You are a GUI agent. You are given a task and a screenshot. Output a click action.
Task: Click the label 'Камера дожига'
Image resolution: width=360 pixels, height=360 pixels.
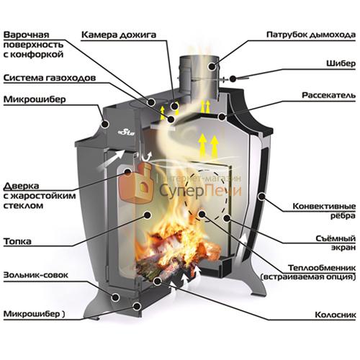click(119, 35)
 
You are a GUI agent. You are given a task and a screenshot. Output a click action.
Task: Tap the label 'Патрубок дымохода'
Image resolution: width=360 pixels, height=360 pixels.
click(311, 35)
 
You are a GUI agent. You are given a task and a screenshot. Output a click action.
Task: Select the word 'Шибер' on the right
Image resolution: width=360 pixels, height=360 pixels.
click(341, 63)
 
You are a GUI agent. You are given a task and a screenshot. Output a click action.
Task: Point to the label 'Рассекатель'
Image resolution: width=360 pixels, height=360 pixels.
click(328, 95)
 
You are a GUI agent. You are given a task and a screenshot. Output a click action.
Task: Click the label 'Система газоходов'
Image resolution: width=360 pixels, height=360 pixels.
click(50, 78)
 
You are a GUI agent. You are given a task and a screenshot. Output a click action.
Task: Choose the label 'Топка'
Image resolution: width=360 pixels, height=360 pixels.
click(17, 241)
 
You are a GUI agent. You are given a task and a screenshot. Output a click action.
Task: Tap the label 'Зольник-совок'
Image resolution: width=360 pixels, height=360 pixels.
click(36, 275)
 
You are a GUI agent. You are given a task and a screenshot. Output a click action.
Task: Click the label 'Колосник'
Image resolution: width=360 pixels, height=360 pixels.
click(336, 315)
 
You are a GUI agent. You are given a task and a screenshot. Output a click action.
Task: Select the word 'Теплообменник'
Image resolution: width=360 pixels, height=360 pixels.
click(322, 268)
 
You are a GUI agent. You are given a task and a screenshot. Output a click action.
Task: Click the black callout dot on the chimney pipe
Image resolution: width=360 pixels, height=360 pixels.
click(212, 66)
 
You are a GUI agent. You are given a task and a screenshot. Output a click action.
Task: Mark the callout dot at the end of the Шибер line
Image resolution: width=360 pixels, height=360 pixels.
click(233, 78)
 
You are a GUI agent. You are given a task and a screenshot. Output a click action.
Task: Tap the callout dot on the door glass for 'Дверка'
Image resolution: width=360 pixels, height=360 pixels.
click(127, 171)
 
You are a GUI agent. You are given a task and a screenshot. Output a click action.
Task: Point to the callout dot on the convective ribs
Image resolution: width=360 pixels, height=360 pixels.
click(261, 197)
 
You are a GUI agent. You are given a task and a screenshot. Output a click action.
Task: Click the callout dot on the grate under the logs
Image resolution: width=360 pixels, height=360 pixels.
click(158, 282)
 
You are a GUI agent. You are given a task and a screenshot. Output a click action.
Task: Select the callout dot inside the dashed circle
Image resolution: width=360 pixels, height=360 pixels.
click(202, 214)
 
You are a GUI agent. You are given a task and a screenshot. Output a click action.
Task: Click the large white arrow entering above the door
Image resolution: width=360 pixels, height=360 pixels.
click(111, 159)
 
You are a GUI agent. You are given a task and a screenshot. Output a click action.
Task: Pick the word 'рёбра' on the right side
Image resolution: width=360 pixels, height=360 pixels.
click(343, 216)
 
